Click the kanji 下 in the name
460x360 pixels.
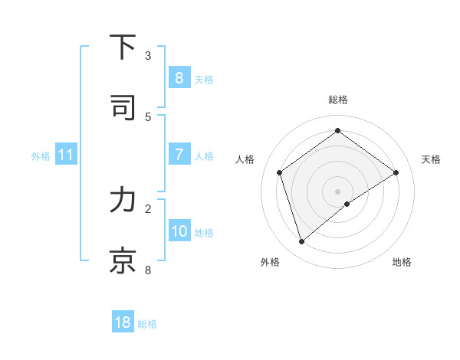click(123, 47)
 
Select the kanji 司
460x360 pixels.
click(123, 108)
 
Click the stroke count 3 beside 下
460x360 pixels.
click(148, 56)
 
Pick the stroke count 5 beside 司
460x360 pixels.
click(148, 117)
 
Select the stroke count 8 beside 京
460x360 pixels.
click(148, 270)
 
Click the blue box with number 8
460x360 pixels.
click(179, 77)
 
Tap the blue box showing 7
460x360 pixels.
click(179, 155)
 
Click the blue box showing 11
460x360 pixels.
click(65, 155)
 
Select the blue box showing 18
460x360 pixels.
click(123, 322)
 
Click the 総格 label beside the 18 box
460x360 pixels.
click(147, 324)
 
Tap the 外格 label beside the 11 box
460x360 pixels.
click(41, 156)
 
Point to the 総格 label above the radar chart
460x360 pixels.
click(337, 100)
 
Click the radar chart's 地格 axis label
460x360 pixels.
click(402, 262)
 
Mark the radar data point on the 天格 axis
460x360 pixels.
click(396, 172)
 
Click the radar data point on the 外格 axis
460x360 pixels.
click(301, 242)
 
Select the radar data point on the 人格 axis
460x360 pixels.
click(280, 172)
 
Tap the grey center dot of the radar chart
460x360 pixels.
click(337, 191)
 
